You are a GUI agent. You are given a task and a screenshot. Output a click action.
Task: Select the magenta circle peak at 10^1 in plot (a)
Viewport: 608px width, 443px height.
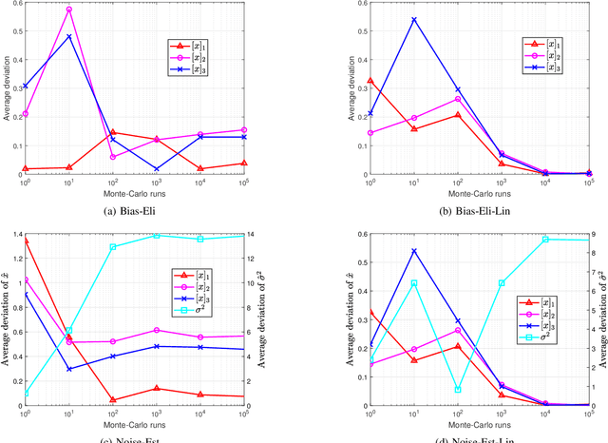point(68,10)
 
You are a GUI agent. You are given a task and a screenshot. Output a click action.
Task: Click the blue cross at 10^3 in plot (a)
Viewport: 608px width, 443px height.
point(155,169)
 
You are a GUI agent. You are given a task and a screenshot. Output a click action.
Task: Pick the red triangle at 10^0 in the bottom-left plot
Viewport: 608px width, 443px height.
point(25,241)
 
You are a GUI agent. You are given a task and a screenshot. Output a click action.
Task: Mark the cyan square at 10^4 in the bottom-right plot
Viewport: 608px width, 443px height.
point(544,240)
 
